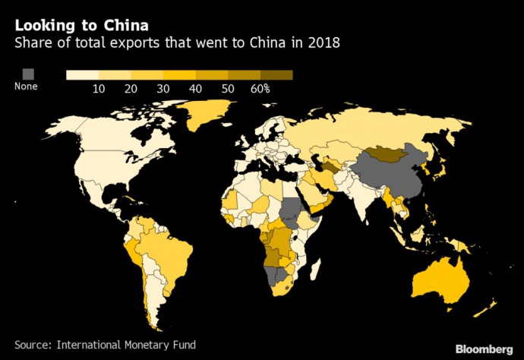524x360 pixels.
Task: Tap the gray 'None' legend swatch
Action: click(x=29, y=74)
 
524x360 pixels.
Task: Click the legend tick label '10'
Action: click(x=99, y=89)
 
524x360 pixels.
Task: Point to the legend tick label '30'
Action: click(x=163, y=89)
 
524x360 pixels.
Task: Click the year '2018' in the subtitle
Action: click(x=324, y=43)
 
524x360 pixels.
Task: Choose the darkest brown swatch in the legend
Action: click(x=282, y=74)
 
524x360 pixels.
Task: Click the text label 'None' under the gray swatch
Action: click(x=26, y=87)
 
